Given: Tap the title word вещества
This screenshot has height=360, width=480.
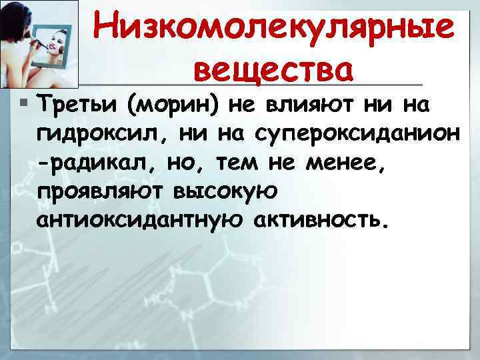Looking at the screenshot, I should coord(273,68).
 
